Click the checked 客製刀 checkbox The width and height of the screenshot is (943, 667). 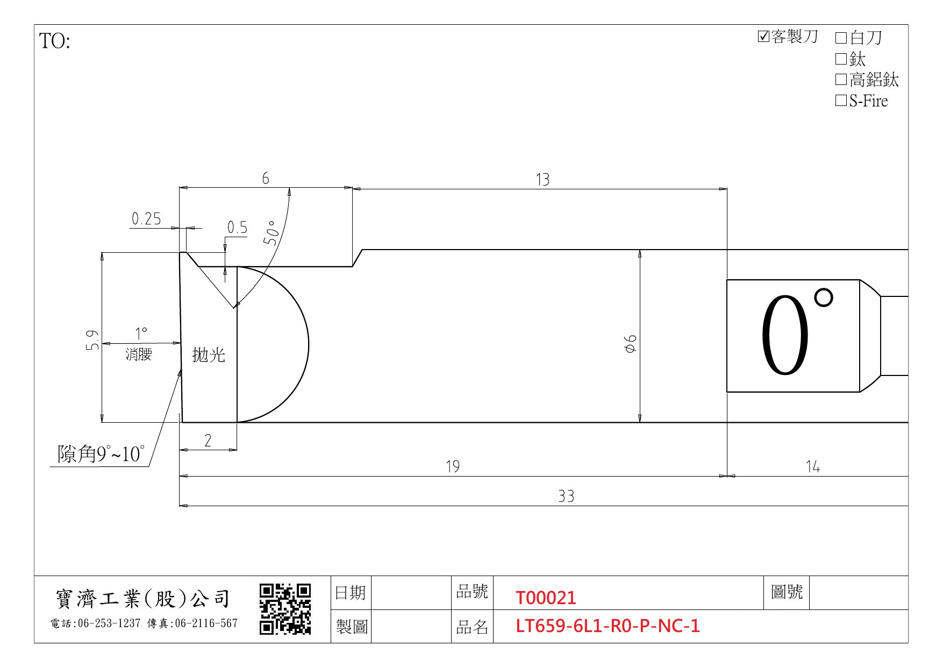click(763, 37)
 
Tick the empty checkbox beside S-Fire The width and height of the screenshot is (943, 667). click(841, 101)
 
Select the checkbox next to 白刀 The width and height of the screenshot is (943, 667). click(841, 38)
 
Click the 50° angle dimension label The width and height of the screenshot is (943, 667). click(272, 232)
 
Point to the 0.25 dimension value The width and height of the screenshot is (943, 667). click(146, 218)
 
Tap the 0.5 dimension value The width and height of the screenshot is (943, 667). click(237, 228)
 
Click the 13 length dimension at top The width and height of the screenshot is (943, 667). click(542, 179)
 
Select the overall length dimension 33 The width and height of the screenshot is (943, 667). click(566, 496)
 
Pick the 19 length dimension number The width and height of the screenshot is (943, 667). click(453, 466)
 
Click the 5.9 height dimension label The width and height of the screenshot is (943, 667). click(92, 339)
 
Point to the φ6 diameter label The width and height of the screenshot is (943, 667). click(631, 343)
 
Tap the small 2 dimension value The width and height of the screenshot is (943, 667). click(208, 441)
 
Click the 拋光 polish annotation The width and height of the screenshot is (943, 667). click(209, 354)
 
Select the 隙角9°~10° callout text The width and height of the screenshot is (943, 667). click(101, 454)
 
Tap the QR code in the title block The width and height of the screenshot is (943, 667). click(285, 609)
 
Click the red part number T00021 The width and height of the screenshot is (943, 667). click(546, 598)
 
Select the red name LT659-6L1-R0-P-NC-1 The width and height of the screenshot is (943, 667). click(608, 626)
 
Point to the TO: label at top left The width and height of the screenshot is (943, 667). click(55, 41)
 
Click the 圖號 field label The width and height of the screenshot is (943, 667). click(787, 592)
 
